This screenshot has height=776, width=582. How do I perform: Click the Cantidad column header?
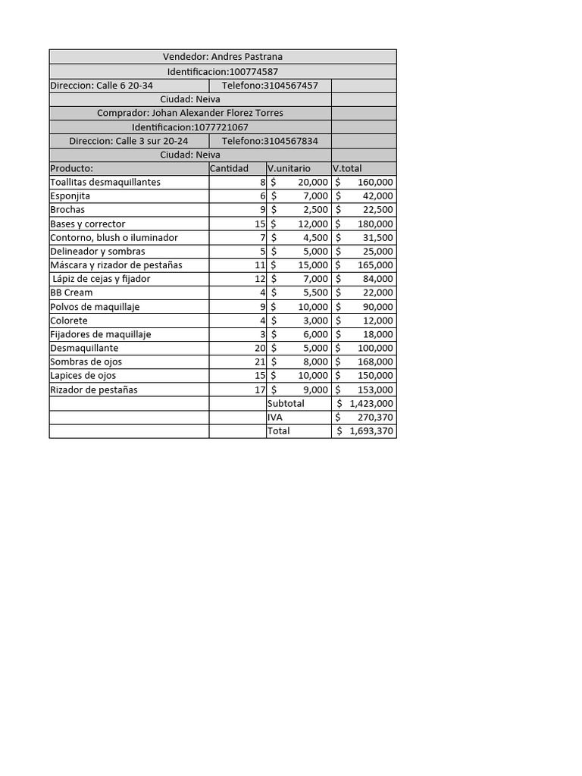(x=229, y=168)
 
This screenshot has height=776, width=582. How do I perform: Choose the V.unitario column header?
(x=289, y=168)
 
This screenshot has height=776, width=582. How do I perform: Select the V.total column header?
(x=347, y=168)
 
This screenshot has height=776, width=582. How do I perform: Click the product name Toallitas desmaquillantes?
(x=105, y=183)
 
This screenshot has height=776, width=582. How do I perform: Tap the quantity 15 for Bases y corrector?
(x=260, y=224)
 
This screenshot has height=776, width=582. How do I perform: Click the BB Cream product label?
(x=71, y=293)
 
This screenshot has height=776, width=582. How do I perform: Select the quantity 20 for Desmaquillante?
(x=260, y=348)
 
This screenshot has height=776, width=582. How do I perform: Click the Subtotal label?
(x=286, y=404)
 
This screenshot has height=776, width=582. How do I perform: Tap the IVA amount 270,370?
(x=375, y=418)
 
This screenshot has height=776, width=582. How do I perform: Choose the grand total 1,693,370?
(x=371, y=431)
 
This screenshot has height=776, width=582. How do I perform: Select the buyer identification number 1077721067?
(x=221, y=127)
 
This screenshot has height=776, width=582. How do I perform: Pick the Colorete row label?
(x=68, y=321)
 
